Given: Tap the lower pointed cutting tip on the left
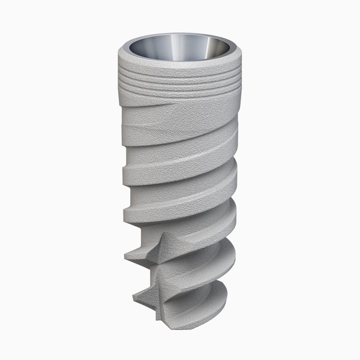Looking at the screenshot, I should [x=133, y=295].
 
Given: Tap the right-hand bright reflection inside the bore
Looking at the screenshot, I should [x=204, y=46].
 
